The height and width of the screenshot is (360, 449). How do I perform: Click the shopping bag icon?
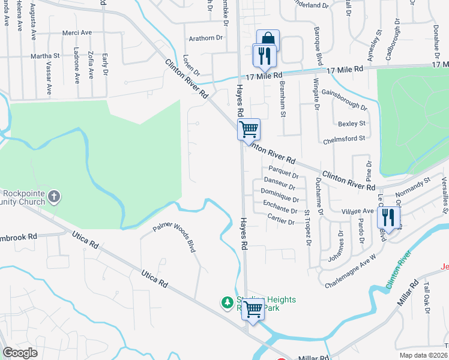(268, 40)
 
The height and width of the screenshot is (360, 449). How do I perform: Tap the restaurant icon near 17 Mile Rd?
(264, 56)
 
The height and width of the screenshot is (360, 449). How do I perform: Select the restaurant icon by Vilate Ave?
(388, 217)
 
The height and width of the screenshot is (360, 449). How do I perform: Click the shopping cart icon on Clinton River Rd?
(249, 128)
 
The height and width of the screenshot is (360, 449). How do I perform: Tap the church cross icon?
(54, 196)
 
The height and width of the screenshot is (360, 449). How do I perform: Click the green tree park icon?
(228, 302)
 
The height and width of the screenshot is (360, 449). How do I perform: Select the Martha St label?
(46, 56)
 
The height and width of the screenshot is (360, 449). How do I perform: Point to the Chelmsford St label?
(345, 139)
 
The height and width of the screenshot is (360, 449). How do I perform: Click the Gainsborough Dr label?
(344, 99)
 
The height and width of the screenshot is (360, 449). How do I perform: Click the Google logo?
(20, 353)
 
